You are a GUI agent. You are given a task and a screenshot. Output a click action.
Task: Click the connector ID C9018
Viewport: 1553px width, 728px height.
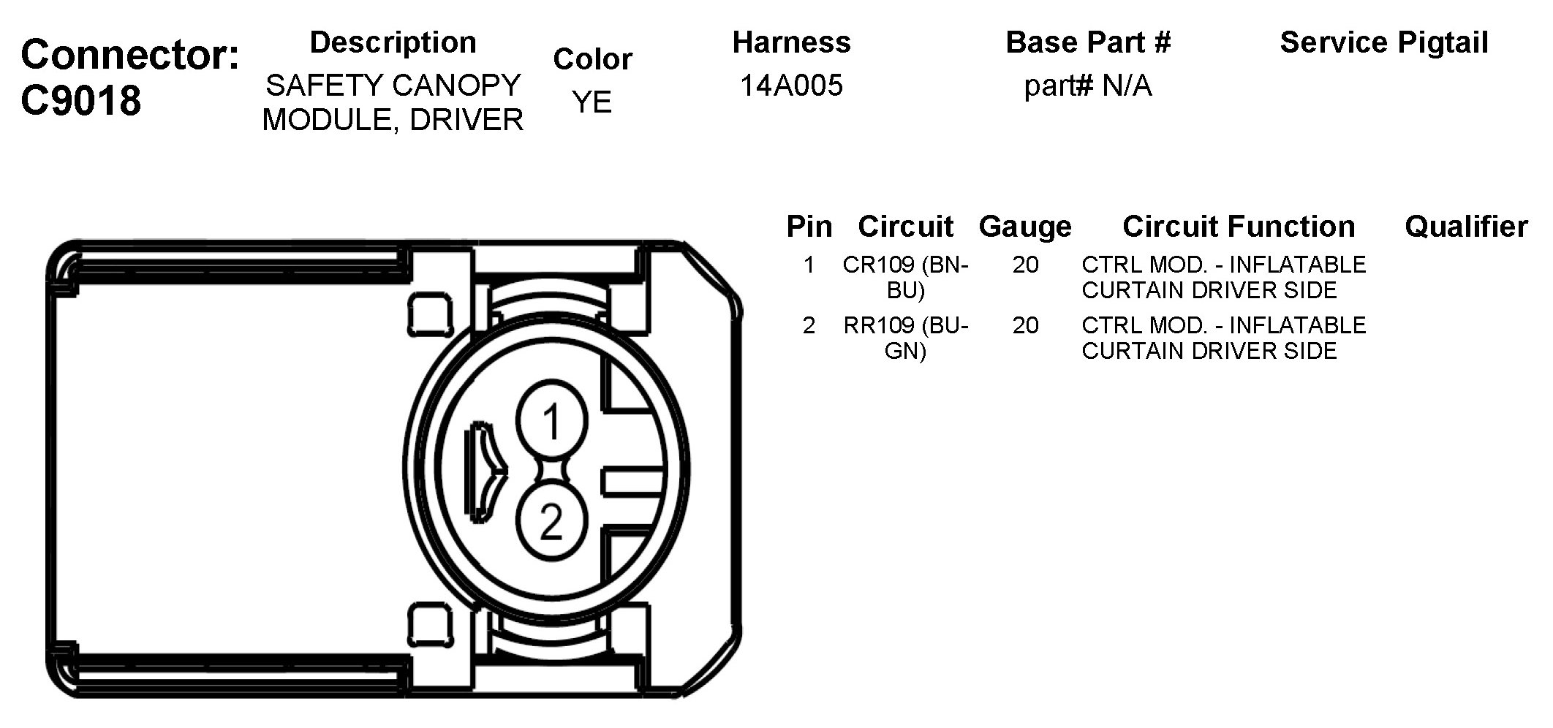pos(80,100)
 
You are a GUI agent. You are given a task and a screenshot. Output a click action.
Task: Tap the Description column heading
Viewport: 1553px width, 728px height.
pos(393,42)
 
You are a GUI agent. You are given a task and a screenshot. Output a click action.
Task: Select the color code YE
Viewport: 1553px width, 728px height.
pos(592,102)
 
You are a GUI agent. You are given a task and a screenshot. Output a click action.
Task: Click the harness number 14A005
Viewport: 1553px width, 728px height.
pos(791,86)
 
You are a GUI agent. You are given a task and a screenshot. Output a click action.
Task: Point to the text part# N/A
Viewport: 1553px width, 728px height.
pos(1087,86)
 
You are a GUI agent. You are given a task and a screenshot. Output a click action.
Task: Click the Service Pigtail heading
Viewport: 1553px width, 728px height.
pos(1383,42)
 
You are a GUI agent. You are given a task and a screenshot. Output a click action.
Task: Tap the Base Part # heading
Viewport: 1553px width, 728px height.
pos(1087,42)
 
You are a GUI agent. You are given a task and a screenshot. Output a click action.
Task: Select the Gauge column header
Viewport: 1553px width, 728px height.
pos(1024,227)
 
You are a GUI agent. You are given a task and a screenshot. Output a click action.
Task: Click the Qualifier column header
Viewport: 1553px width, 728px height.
pos(1465,227)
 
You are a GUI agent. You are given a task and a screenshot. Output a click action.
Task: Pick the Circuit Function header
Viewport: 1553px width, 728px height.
pos(1238,227)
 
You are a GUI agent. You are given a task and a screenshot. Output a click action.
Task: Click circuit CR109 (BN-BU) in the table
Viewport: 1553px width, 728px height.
pos(905,277)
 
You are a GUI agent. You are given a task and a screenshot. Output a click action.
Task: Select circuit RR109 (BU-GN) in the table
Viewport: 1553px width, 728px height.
pos(905,338)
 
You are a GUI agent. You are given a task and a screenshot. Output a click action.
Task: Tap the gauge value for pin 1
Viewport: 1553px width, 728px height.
pos(1025,265)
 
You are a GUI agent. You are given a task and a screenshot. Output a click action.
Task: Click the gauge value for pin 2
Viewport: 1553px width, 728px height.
pos(1025,325)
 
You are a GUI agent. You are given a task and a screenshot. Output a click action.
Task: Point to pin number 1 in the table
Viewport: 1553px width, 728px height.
pos(808,265)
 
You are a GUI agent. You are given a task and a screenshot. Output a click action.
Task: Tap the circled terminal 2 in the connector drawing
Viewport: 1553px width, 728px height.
pos(551,521)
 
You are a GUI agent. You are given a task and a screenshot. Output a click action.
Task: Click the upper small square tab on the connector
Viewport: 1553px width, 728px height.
pos(430,315)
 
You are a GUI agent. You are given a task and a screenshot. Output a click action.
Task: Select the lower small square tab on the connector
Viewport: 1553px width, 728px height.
pos(430,625)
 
